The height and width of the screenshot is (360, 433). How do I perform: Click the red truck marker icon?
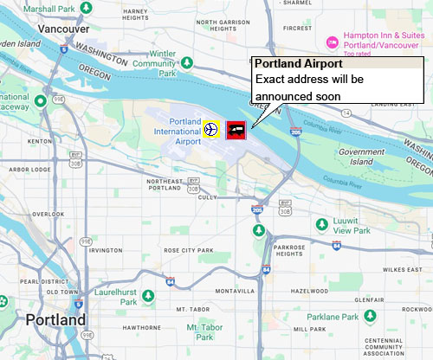pos(236,130)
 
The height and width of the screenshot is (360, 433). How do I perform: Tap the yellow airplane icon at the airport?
pos(210,130)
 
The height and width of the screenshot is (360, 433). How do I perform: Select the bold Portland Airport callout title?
pos(299,64)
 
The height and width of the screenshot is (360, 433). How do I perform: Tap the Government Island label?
pos(361,157)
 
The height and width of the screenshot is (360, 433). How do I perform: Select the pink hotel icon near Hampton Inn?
pos(331,42)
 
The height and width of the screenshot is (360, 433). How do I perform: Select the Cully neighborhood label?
pos(207,197)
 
